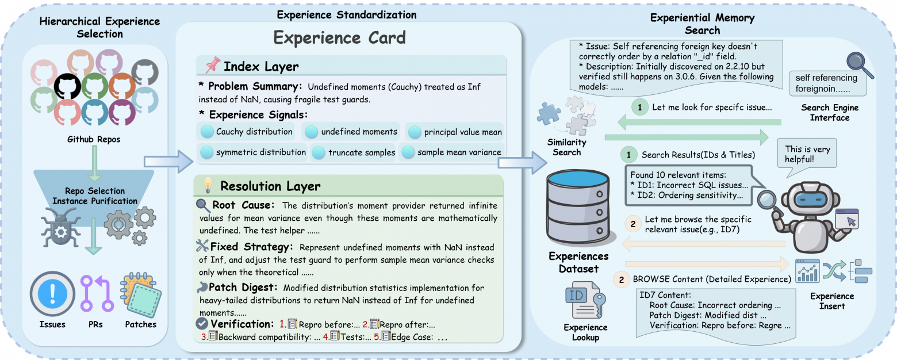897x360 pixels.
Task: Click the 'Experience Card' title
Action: click(x=339, y=38)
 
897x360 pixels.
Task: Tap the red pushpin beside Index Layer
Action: click(x=212, y=66)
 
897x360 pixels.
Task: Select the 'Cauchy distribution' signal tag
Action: click(x=246, y=132)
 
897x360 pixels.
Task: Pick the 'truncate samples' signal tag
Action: click(x=353, y=152)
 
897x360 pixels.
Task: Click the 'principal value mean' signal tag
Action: click(x=455, y=132)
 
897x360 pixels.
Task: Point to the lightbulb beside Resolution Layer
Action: click(x=208, y=185)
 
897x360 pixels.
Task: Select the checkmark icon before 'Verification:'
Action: click(x=202, y=324)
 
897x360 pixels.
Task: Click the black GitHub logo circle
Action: click(x=67, y=86)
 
